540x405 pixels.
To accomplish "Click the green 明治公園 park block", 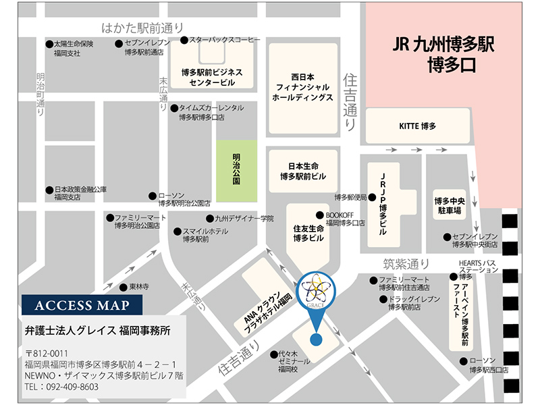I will pyautogui.click(x=236, y=169).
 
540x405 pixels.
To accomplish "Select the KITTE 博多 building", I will pyautogui.click(x=418, y=126).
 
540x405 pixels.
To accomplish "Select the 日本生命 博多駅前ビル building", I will pyautogui.click(x=302, y=171).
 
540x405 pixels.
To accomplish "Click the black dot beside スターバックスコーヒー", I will pyautogui.click(x=184, y=40).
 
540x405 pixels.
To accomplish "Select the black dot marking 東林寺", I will pyautogui.click(x=124, y=287).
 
